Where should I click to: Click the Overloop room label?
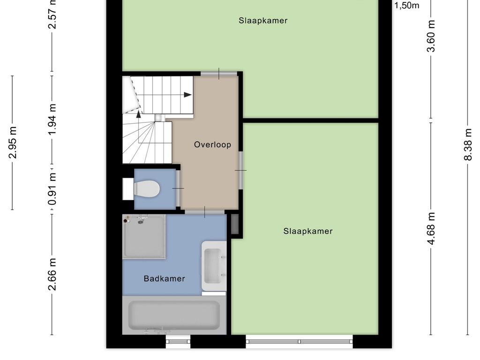click(x=212, y=145)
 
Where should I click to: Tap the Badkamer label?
click(x=164, y=278)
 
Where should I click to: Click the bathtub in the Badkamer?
click(x=174, y=315)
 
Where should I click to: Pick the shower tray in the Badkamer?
click(x=144, y=236)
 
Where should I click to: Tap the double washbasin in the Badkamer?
click(x=214, y=266)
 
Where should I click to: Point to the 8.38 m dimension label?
click(x=467, y=144)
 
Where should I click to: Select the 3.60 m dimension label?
click(x=431, y=36)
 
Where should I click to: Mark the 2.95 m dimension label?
click(x=13, y=142)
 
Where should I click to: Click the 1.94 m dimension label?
click(x=52, y=120)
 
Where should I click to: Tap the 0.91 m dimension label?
click(x=52, y=189)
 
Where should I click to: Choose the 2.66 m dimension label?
click(x=52, y=274)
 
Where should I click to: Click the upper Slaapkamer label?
click(x=263, y=21)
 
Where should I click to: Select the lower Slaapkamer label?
click(x=308, y=231)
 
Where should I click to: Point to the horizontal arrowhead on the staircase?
click(x=187, y=95)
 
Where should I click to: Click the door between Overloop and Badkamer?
click(x=204, y=212)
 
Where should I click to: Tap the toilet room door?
click(x=178, y=188)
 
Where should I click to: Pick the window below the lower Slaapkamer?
click(x=299, y=341)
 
